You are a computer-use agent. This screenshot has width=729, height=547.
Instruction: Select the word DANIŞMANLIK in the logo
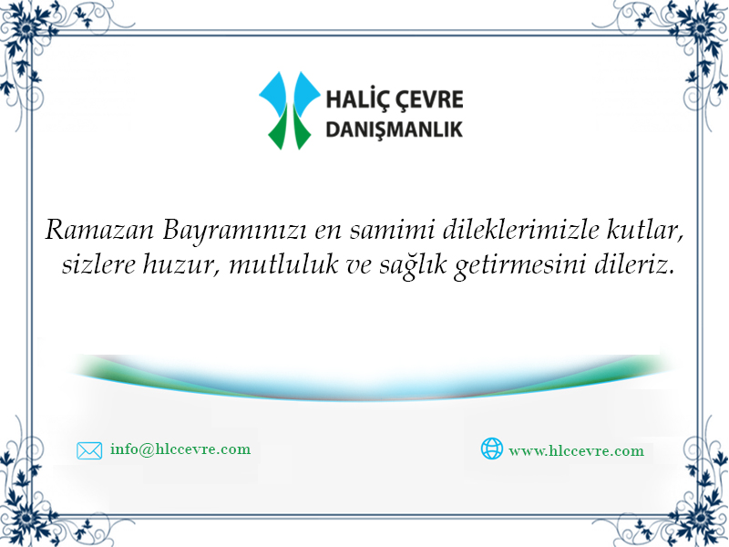coord(395,129)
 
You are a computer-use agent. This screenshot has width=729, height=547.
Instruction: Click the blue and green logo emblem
coord(289,110)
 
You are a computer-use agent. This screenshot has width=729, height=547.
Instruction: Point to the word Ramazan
coord(99,230)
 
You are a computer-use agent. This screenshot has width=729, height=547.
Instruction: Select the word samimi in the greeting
coord(392,230)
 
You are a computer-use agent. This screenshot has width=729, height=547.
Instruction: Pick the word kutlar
coord(645,230)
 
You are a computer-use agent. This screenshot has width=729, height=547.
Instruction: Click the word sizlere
coord(98,264)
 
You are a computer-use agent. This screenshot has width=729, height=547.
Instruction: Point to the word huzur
coord(181,265)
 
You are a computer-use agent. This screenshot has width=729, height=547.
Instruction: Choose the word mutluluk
coord(283,264)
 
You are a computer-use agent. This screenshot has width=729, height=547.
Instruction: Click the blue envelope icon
coord(89,450)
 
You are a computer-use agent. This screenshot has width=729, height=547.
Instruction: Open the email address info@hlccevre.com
coord(180,449)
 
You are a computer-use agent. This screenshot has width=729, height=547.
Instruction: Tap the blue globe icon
coord(492,449)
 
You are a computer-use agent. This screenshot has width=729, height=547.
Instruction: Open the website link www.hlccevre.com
coord(577,450)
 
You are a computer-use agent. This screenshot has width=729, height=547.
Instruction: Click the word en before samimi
coord(328,232)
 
